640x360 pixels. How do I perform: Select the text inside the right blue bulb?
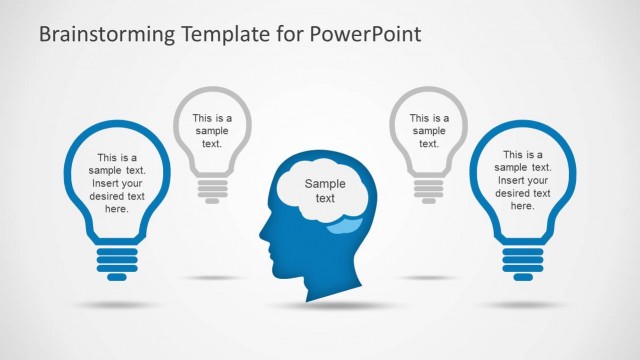[x=523, y=181]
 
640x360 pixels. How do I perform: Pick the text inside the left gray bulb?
[x=212, y=130]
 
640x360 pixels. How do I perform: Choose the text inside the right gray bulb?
[x=429, y=130]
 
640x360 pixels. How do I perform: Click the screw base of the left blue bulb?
[x=117, y=262]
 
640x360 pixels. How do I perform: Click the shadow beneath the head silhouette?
[x=320, y=304]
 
